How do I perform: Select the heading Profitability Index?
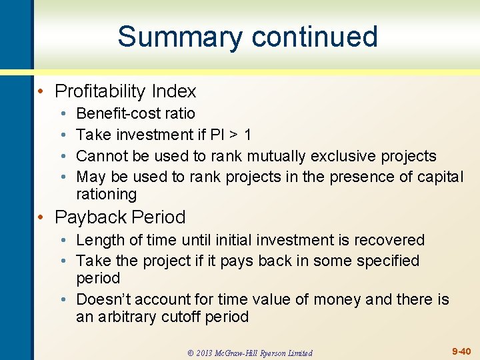click(125, 91)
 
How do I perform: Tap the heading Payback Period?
click(120, 217)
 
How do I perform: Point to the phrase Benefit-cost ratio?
click(135, 113)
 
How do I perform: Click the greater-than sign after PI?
click(233, 135)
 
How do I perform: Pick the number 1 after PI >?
click(247, 135)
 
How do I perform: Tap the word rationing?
click(106, 195)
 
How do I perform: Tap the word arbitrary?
click(126, 317)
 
